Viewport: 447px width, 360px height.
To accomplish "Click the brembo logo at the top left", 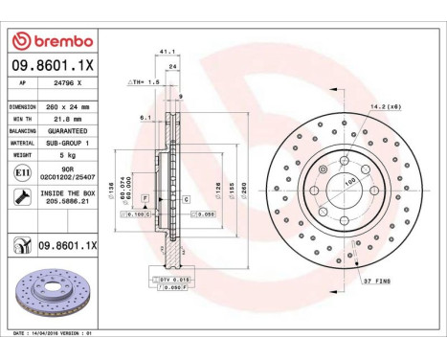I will [x=51, y=39].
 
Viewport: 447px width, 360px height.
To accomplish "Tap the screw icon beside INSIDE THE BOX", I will [x=22, y=196].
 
